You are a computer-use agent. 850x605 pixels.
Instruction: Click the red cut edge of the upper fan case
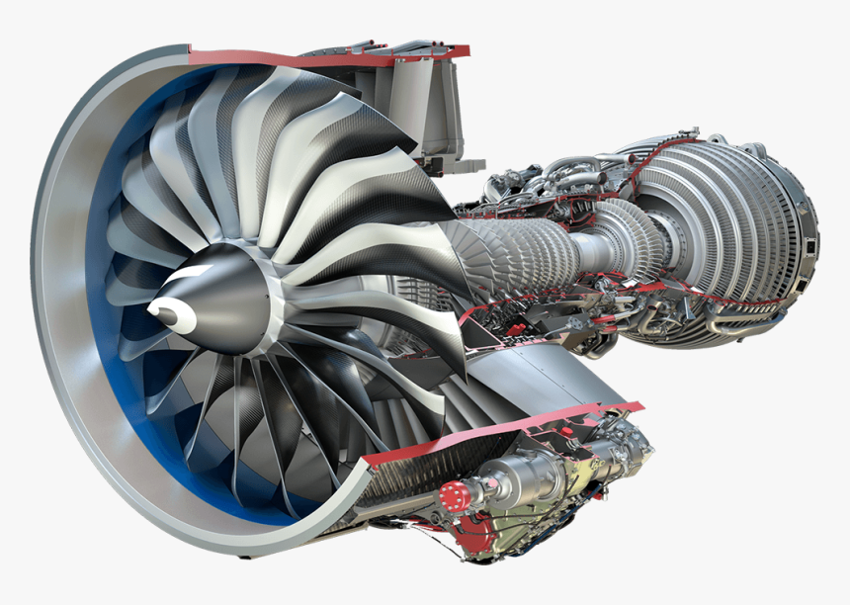click(326, 57)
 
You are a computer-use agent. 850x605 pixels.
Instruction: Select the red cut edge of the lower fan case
click(494, 431)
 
